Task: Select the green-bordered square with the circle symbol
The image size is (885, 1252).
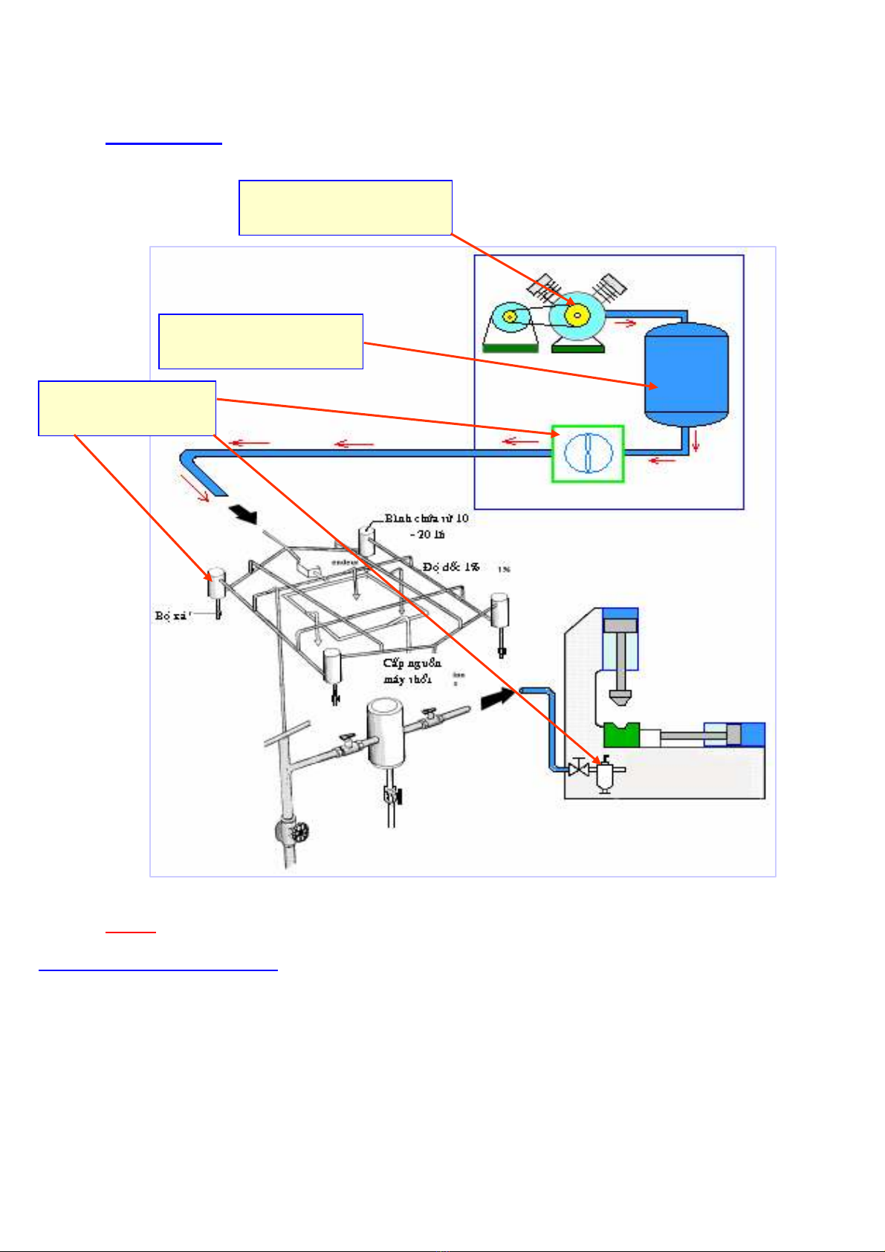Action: (x=588, y=453)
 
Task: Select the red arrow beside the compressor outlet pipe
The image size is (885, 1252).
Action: (x=626, y=322)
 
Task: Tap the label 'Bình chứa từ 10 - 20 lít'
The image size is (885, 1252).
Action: (x=427, y=525)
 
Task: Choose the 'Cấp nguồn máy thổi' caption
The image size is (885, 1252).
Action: (x=412, y=670)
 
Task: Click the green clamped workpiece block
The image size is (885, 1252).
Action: (x=621, y=735)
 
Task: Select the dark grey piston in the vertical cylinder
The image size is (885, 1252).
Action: (x=620, y=625)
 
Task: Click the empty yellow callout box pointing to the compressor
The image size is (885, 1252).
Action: (x=346, y=207)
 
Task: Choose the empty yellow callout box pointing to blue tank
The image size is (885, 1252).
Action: (x=261, y=341)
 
